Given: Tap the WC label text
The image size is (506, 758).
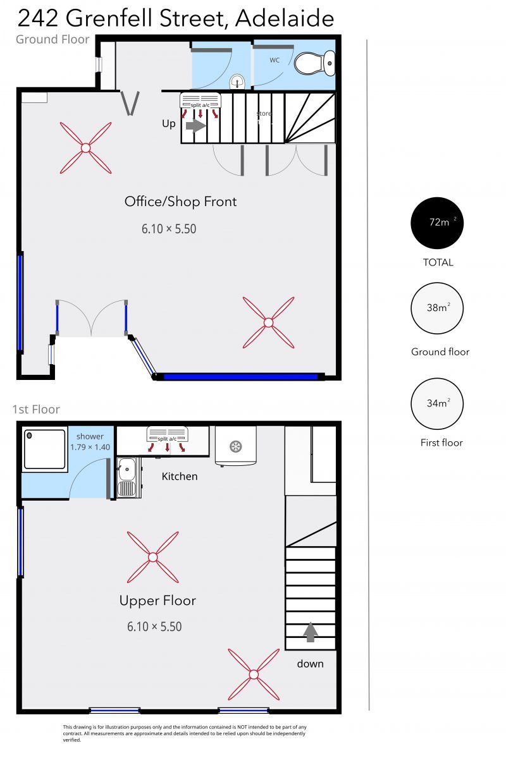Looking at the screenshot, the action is (275, 60).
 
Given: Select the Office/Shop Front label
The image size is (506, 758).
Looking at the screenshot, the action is (180, 202).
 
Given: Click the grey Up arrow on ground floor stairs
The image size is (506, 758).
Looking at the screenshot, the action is (196, 126).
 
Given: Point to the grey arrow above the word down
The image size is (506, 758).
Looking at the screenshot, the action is (310, 632).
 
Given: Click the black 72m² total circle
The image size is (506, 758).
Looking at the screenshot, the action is (437, 223).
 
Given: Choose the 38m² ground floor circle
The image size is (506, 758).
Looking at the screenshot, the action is (437, 308).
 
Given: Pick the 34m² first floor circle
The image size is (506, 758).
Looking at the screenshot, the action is (437, 403).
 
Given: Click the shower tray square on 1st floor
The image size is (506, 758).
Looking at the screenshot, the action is (44, 449).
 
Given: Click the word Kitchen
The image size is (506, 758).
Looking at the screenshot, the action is (180, 476).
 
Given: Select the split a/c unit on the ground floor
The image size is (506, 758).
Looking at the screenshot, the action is (201, 106).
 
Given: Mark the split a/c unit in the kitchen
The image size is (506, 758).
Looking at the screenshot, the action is (167, 439).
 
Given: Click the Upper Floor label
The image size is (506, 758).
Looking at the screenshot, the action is (157, 601).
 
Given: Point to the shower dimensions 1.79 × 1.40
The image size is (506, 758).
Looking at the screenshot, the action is (90, 447).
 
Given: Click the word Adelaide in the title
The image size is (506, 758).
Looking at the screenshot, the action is (285, 18).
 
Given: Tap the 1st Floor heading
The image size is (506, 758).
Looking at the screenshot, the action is (36, 410).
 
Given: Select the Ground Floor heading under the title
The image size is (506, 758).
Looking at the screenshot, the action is (52, 39).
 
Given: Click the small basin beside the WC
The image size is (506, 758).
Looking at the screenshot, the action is (237, 81).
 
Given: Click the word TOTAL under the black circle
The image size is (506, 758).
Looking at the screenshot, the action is (438, 262).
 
